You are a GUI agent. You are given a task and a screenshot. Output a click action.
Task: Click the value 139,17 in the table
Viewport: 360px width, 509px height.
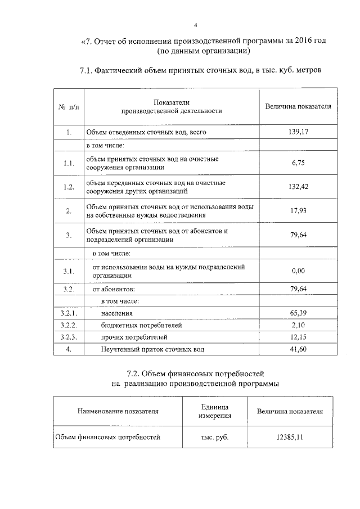tap(298, 132)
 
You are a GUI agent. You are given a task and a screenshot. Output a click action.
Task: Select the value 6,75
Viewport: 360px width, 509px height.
tap(298, 163)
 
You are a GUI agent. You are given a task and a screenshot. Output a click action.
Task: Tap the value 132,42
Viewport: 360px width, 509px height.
tap(298, 187)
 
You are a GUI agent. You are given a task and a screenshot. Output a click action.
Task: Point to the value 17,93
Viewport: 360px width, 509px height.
tap(298, 211)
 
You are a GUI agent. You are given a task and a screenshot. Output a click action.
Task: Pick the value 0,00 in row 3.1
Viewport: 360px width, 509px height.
tap(298, 271)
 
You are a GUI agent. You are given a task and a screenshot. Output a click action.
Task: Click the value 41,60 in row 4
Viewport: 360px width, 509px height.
tap(298, 349)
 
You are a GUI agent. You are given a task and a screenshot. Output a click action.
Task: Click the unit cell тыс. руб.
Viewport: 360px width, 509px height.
tap(215, 436)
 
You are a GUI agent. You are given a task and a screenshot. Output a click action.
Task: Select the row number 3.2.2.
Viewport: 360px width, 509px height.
tap(69, 325)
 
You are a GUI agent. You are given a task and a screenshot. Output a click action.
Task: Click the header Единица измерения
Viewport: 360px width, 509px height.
tap(214, 411)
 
